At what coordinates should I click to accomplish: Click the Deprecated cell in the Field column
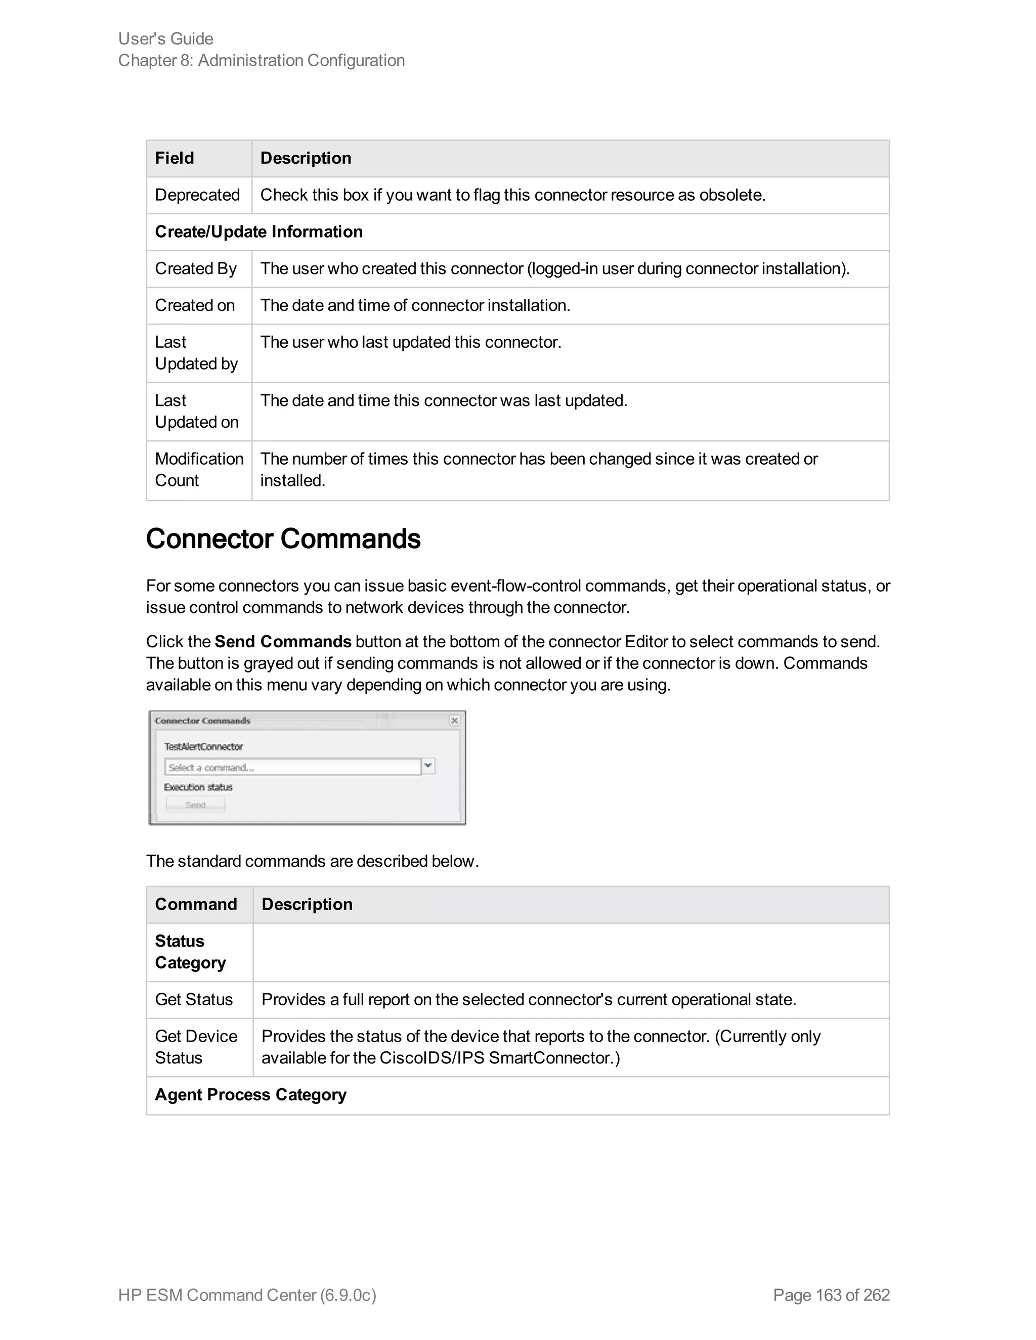(197, 195)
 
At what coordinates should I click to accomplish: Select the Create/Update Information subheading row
(258, 232)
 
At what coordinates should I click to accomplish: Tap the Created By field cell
(196, 269)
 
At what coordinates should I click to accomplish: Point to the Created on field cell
(195, 305)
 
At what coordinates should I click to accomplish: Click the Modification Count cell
(199, 470)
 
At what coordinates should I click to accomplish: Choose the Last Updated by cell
(196, 353)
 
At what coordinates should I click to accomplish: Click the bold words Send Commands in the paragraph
(282, 642)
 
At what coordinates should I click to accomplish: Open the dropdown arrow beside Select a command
(428, 766)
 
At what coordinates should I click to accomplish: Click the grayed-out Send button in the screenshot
(195, 805)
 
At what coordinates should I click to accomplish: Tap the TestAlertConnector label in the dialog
(203, 747)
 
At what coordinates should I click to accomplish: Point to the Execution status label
(198, 787)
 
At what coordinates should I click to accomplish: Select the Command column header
(196, 905)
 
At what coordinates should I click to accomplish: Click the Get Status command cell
(194, 1000)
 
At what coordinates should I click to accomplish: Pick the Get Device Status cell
(196, 1047)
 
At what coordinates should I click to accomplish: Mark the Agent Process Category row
(250, 1095)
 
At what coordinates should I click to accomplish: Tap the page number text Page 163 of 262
(831, 1294)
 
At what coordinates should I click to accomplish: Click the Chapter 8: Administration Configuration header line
(262, 61)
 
